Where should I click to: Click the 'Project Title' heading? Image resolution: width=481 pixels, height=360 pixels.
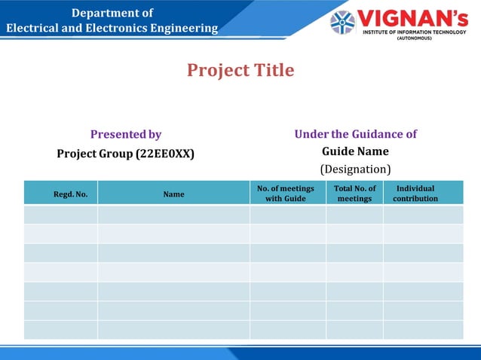point(240,71)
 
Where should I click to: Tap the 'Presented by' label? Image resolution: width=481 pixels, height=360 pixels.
point(126,135)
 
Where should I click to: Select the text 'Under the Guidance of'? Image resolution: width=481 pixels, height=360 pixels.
point(355,134)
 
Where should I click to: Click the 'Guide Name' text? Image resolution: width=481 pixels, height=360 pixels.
point(355,151)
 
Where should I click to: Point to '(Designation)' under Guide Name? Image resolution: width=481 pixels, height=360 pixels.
point(355,169)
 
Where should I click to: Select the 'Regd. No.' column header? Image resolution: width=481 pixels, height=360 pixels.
point(70,194)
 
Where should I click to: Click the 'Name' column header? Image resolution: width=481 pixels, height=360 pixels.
point(173,194)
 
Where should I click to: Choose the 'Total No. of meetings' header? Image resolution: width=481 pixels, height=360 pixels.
point(354,194)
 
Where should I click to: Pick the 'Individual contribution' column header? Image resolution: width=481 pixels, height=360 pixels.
point(415,194)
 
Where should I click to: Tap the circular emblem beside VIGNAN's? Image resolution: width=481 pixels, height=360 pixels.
point(343,23)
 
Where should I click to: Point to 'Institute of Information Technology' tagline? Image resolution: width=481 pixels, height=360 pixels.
point(415,32)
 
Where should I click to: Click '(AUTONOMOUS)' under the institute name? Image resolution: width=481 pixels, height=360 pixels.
point(415,38)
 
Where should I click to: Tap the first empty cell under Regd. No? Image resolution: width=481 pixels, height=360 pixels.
point(61,215)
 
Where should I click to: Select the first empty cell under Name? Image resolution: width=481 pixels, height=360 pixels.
point(173,215)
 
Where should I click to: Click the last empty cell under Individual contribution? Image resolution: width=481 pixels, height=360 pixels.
point(422,330)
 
